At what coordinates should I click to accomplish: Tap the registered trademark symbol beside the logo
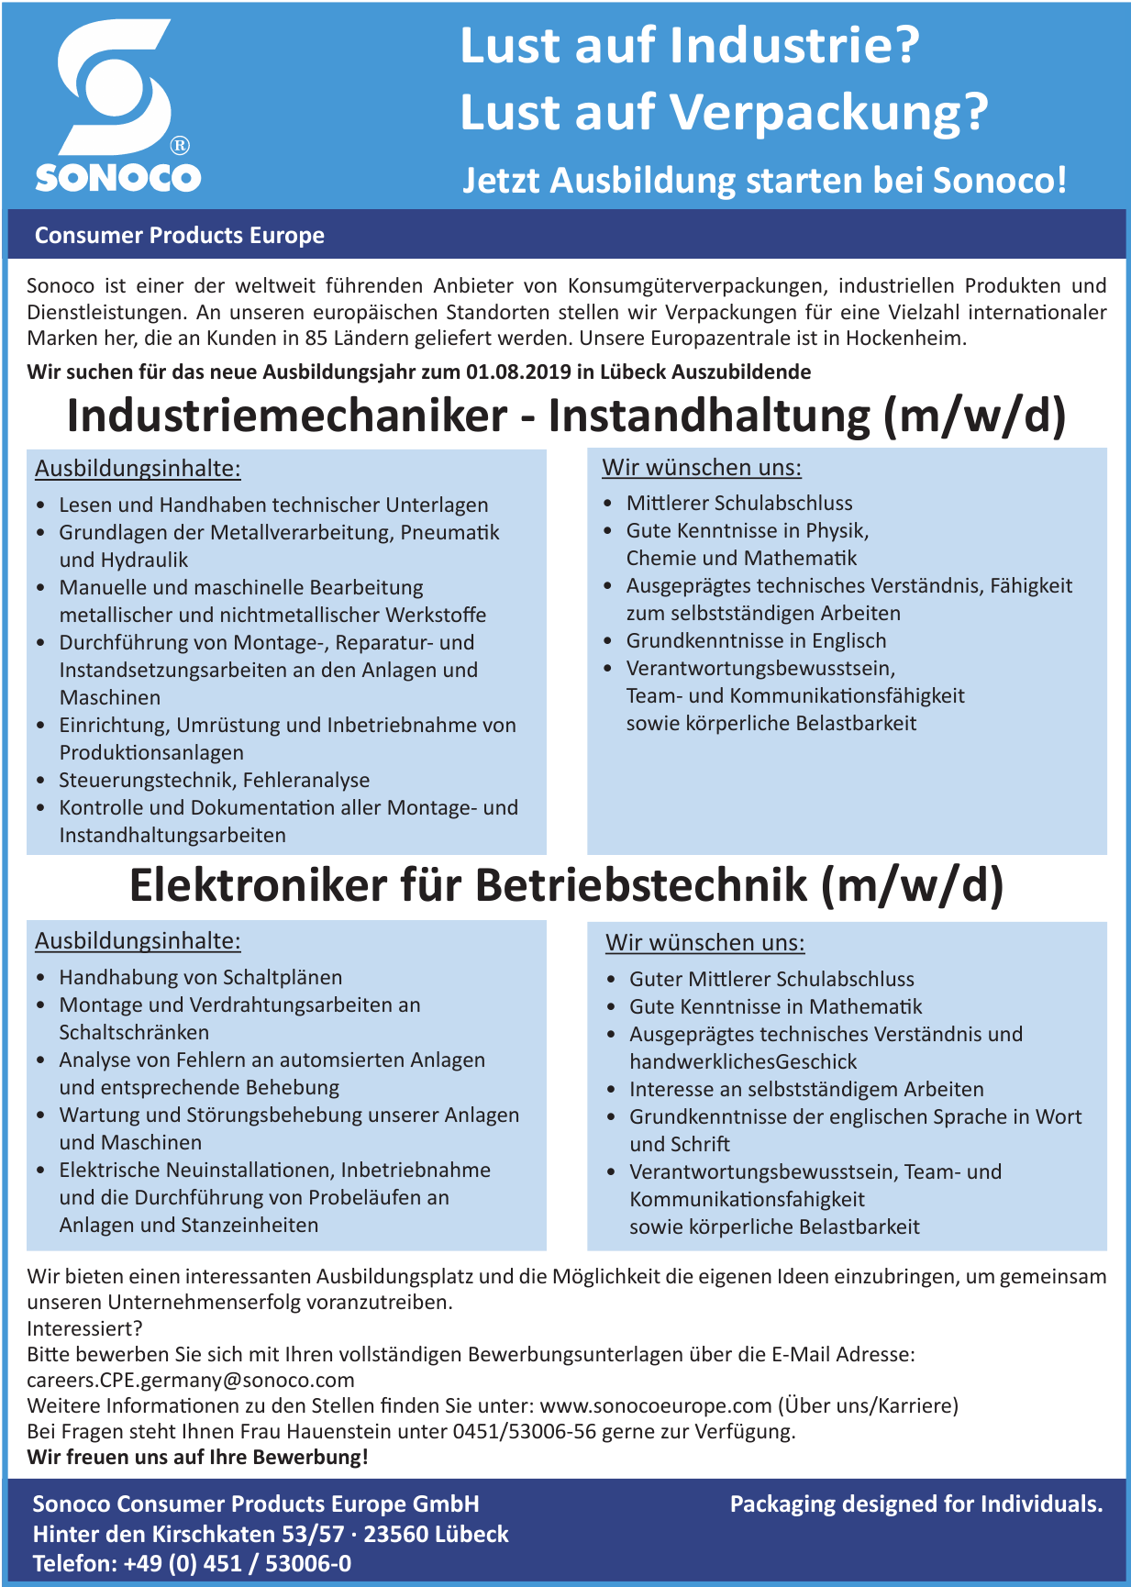tap(181, 145)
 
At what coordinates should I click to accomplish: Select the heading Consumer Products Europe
tap(180, 236)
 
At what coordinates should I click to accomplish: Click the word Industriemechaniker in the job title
tap(286, 416)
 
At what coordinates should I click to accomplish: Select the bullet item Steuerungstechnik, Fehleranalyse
tap(215, 781)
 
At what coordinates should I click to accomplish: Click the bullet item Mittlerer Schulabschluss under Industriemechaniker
tap(739, 504)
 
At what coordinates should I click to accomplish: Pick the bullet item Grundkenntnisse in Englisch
tap(756, 641)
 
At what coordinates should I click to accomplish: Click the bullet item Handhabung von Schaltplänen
tap(201, 978)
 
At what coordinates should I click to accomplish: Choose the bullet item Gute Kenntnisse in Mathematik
tap(776, 1007)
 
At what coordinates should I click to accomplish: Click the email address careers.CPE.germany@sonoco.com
tap(191, 1381)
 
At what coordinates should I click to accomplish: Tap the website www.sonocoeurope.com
tap(656, 1406)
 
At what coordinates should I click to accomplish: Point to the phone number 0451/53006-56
tap(525, 1432)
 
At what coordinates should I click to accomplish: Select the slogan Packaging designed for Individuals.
tap(915, 1504)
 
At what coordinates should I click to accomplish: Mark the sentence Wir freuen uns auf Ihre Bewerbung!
tap(197, 1458)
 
